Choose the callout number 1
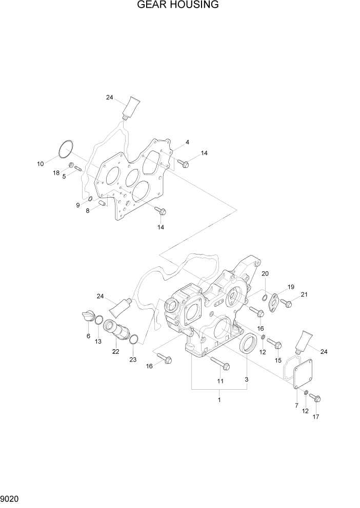click(219, 399)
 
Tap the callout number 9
click(78, 205)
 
